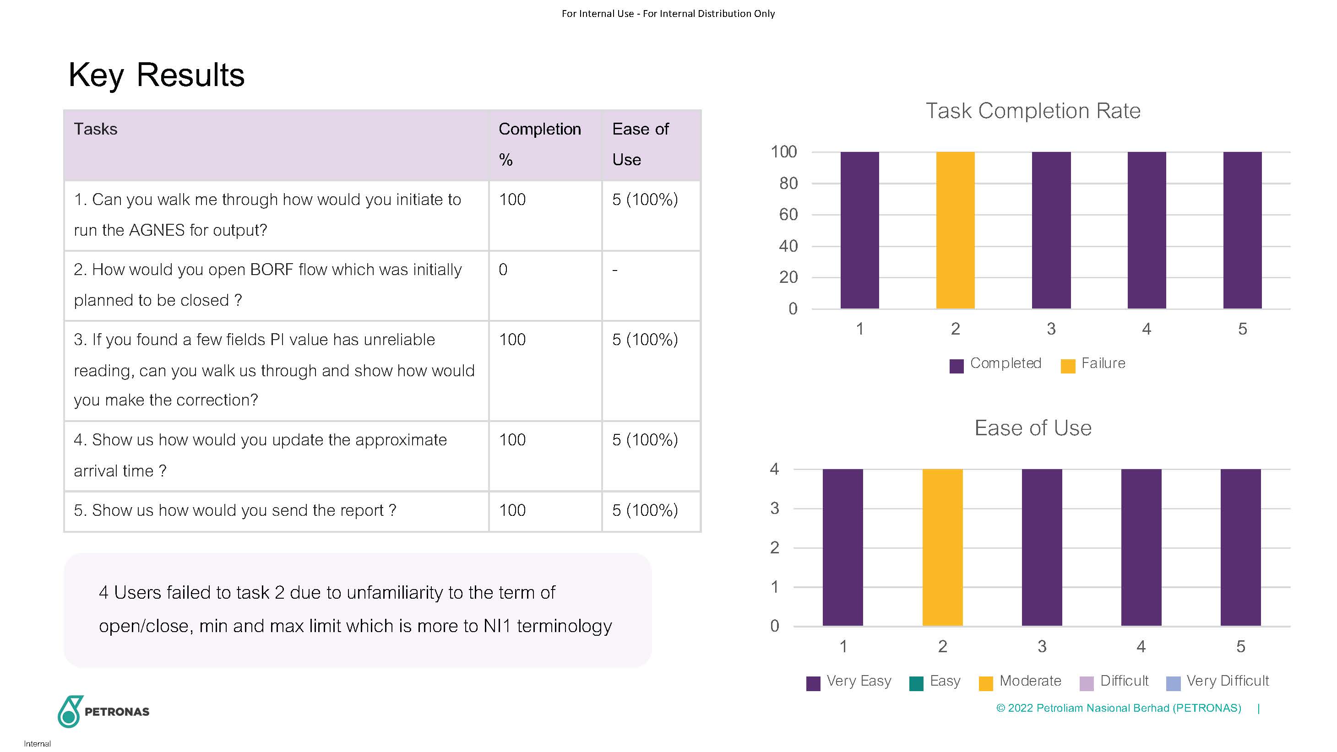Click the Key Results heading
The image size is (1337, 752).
[x=156, y=75]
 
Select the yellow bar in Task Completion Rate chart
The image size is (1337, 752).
[x=955, y=230]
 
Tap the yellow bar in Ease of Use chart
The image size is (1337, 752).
[x=942, y=547]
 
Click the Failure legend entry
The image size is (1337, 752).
[x=1093, y=364]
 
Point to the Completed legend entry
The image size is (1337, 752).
[x=995, y=364]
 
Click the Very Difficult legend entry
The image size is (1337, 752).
[x=1217, y=681]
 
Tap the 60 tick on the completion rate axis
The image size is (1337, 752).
[x=788, y=215]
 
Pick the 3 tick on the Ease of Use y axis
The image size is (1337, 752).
[x=774, y=509]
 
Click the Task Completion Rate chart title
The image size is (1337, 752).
[x=1033, y=111]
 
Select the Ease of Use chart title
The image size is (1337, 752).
[x=1033, y=428]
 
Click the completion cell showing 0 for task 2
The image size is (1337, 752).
[x=503, y=270]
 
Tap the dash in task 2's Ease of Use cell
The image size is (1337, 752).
[x=614, y=271]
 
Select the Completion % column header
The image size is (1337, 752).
[x=539, y=144]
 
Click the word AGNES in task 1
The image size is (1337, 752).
[x=157, y=230]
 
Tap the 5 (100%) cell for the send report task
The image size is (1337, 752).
[x=645, y=511]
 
